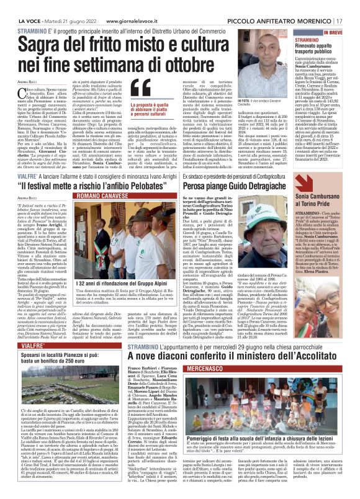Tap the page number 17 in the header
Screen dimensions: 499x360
click(x=353, y=5)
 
